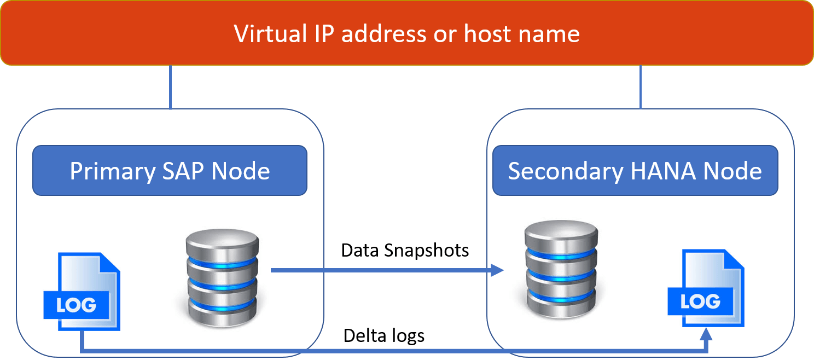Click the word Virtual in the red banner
click(270, 34)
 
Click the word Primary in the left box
click(112, 171)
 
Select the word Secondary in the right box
click(565, 171)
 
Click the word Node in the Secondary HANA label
click(732, 171)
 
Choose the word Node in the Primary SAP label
click(241, 171)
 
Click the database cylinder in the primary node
click(222, 278)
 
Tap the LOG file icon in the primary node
click(82, 292)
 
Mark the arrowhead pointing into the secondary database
click(497, 270)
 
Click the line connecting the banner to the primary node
click(171, 88)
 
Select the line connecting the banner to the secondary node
click(640, 88)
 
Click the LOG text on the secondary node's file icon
click(701, 301)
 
